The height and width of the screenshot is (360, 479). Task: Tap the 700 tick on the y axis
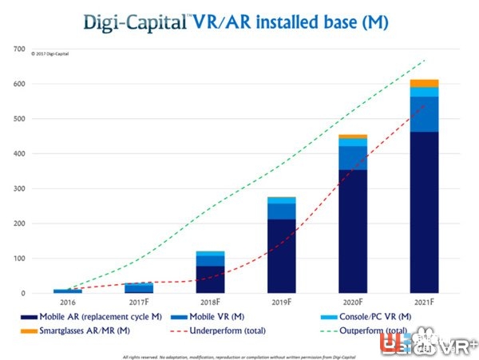pos(18,49)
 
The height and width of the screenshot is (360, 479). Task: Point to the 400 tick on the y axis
pos(18,154)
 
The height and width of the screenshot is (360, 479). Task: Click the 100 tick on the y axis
pos(18,259)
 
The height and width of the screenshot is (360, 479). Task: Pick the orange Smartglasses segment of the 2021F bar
pos(424,83)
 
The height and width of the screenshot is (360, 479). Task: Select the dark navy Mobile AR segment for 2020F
pos(352,231)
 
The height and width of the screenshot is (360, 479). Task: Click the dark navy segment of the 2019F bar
pos(280,255)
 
